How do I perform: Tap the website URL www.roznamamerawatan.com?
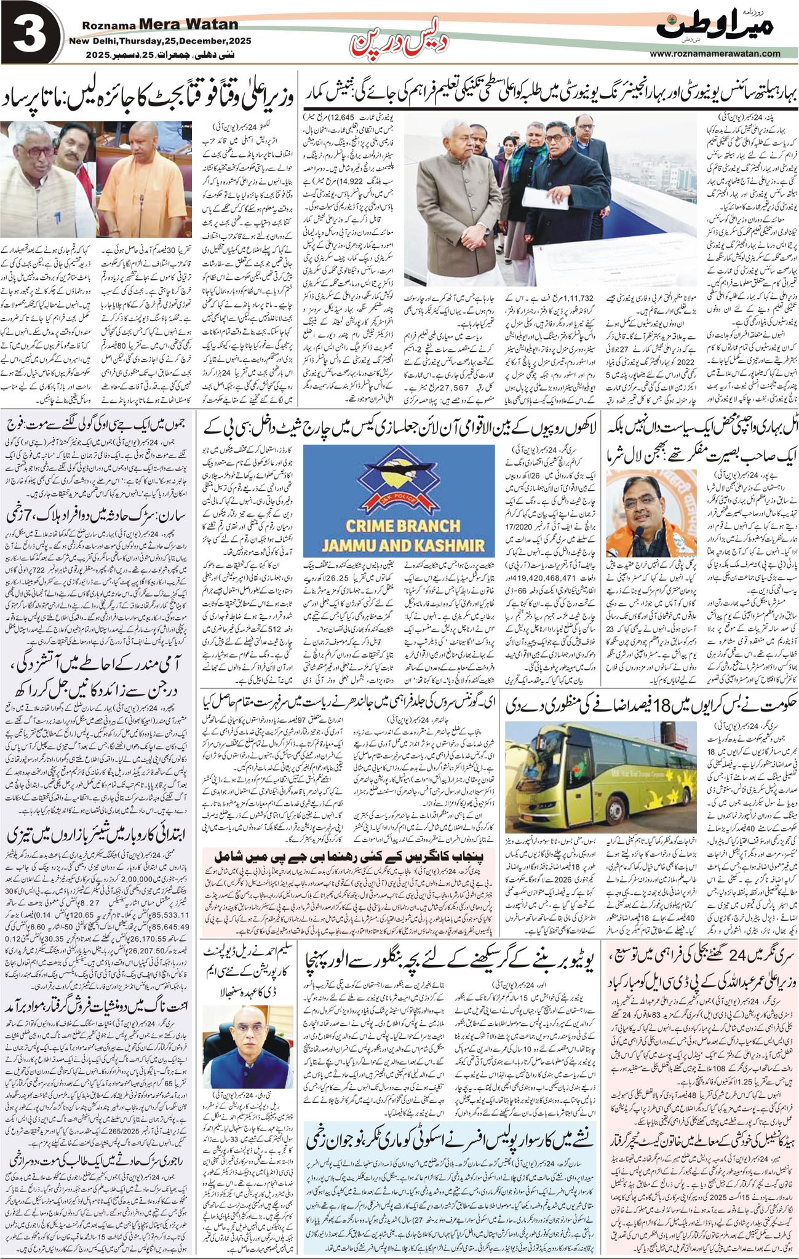tap(714, 54)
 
